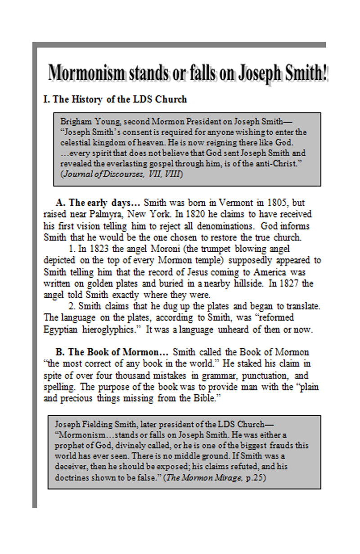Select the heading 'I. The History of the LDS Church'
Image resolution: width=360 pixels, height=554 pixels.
coord(114,99)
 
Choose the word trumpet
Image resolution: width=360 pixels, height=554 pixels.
coord(199,249)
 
